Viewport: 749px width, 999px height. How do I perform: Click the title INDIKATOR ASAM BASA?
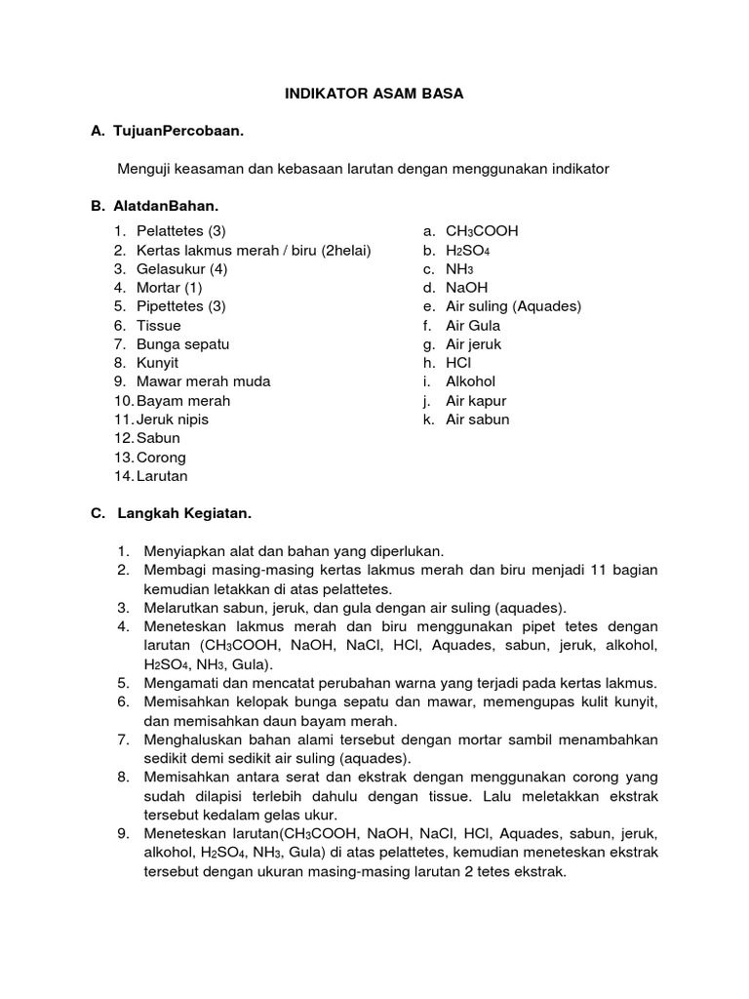(x=374, y=95)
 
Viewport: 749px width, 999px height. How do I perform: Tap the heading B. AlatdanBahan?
(x=155, y=206)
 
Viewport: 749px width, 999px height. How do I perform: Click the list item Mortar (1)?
(x=170, y=288)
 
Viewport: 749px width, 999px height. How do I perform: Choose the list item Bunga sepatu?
(x=182, y=344)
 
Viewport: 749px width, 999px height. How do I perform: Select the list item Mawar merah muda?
(x=203, y=381)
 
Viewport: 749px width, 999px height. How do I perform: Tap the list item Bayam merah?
(x=183, y=401)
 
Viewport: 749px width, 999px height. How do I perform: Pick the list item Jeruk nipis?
(x=173, y=420)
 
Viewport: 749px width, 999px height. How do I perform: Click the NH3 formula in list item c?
(x=459, y=269)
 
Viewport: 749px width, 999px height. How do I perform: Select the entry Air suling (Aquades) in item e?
(x=513, y=306)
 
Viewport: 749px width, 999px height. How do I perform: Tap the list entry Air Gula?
(x=473, y=326)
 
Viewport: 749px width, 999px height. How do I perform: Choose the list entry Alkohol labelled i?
(x=470, y=381)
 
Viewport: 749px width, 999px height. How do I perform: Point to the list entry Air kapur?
(x=476, y=401)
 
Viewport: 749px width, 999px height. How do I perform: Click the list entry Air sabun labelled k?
(x=477, y=420)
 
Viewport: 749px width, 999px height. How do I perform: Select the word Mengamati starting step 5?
(x=178, y=682)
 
